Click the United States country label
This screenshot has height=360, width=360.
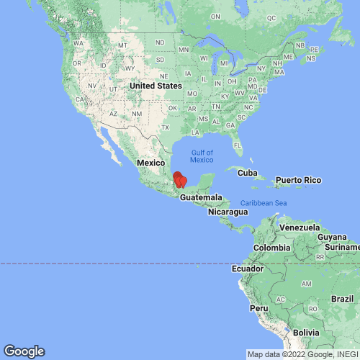[x=156, y=86]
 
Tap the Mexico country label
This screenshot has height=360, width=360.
[x=152, y=163]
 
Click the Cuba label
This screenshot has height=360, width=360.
[x=247, y=173]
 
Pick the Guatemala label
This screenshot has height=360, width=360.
[x=201, y=197]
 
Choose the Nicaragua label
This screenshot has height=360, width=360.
[x=228, y=212]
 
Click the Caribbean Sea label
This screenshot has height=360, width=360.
[x=264, y=203]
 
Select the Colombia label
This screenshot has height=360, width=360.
[x=271, y=248]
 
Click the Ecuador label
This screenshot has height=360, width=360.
[x=246, y=269]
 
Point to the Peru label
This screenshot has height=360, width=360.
[x=259, y=307]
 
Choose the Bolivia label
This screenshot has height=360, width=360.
[x=305, y=332]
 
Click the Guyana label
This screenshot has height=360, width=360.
[x=332, y=237]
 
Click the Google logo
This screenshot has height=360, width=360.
[x=23, y=351]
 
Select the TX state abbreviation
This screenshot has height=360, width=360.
[x=165, y=127]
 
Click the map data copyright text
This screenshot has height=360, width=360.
[x=302, y=354]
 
